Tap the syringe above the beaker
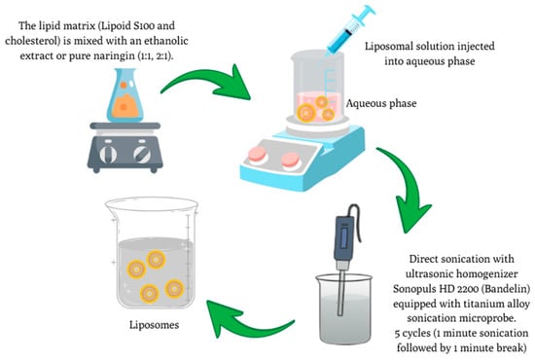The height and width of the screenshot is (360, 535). pos(350,31)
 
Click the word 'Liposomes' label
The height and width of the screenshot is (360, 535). pos(155,325)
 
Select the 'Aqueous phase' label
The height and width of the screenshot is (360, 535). pos(381,103)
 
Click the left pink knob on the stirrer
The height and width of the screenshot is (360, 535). pos(257,155)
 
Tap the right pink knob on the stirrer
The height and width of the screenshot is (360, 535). pos(291,160)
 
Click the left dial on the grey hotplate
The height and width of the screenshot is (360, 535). pos(108,155)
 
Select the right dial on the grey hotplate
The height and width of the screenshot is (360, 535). pos(142,155)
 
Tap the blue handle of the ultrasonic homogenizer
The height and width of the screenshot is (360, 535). pos(344,238)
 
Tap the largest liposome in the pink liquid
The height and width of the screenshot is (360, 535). pos(305,113)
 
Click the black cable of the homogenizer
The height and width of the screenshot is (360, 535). pos(357,222)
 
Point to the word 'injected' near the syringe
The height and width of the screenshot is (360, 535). pos(476,47)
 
